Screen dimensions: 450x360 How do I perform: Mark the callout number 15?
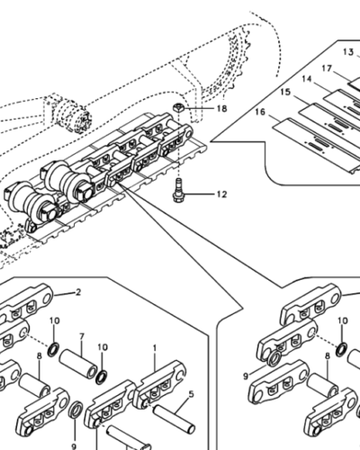284,93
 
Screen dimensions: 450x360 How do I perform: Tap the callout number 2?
77,292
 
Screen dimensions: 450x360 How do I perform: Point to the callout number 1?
154,346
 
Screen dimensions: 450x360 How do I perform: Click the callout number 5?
190,393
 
